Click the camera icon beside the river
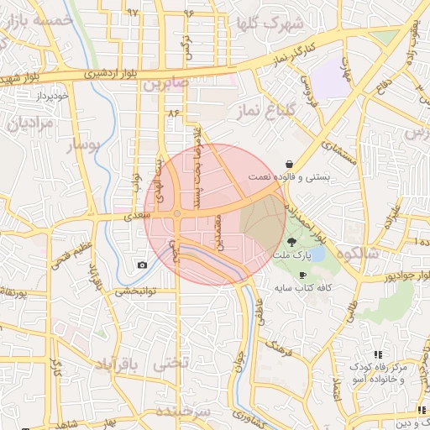coord(142,265)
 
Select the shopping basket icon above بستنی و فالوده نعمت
coord(290,164)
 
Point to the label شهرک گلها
coord(268,23)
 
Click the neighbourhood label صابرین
coord(167,85)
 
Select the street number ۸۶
coord(174,112)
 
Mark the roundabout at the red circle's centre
coord(177,213)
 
